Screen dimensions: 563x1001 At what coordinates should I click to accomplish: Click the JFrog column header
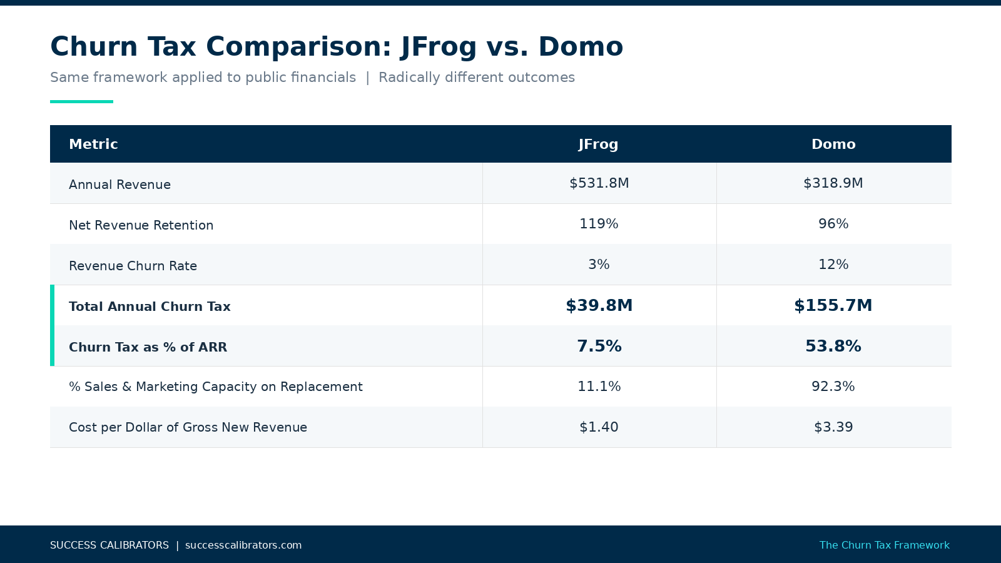coord(598,145)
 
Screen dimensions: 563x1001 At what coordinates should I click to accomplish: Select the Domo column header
coord(833,145)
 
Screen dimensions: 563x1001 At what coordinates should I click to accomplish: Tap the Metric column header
coord(93,145)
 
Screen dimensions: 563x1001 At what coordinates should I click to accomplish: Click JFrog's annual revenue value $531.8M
coord(599,183)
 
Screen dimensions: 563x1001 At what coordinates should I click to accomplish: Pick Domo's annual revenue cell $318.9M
coord(833,183)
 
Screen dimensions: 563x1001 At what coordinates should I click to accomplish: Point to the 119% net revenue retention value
coord(599,224)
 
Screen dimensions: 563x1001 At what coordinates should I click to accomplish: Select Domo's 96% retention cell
coord(833,224)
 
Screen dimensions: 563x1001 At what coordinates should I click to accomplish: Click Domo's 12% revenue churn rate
coord(833,265)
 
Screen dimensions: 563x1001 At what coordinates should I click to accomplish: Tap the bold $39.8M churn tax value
coord(599,305)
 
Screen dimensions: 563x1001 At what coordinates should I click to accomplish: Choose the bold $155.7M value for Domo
coord(833,305)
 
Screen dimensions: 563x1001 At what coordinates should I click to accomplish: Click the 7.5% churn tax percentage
coord(599,346)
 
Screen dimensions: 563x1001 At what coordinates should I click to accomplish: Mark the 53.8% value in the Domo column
coord(833,346)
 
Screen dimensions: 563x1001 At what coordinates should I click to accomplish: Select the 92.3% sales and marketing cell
coord(833,387)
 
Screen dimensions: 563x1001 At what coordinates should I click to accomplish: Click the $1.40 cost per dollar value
coord(599,427)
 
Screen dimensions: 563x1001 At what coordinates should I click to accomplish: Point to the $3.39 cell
coord(833,427)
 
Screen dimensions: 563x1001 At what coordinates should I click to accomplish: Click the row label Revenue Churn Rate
coord(133,266)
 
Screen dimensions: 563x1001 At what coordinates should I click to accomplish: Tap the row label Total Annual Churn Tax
coord(150,307)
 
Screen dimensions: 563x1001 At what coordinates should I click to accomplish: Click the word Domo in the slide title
coord(580,47)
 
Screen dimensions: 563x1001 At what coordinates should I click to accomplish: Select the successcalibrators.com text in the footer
coord(243,545)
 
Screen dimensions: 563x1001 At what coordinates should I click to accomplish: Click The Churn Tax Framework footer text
coord(884,545)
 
